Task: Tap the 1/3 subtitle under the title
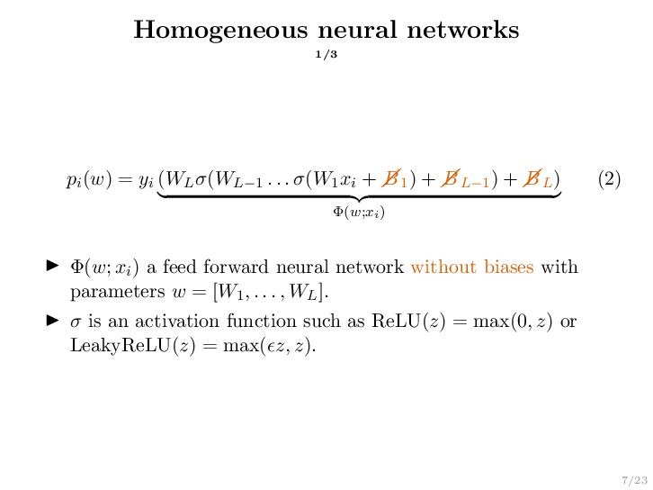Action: pos(326,56)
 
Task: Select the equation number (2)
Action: pos(609,180)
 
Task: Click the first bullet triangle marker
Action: pos(52,268)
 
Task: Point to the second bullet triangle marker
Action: pos(52,322)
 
